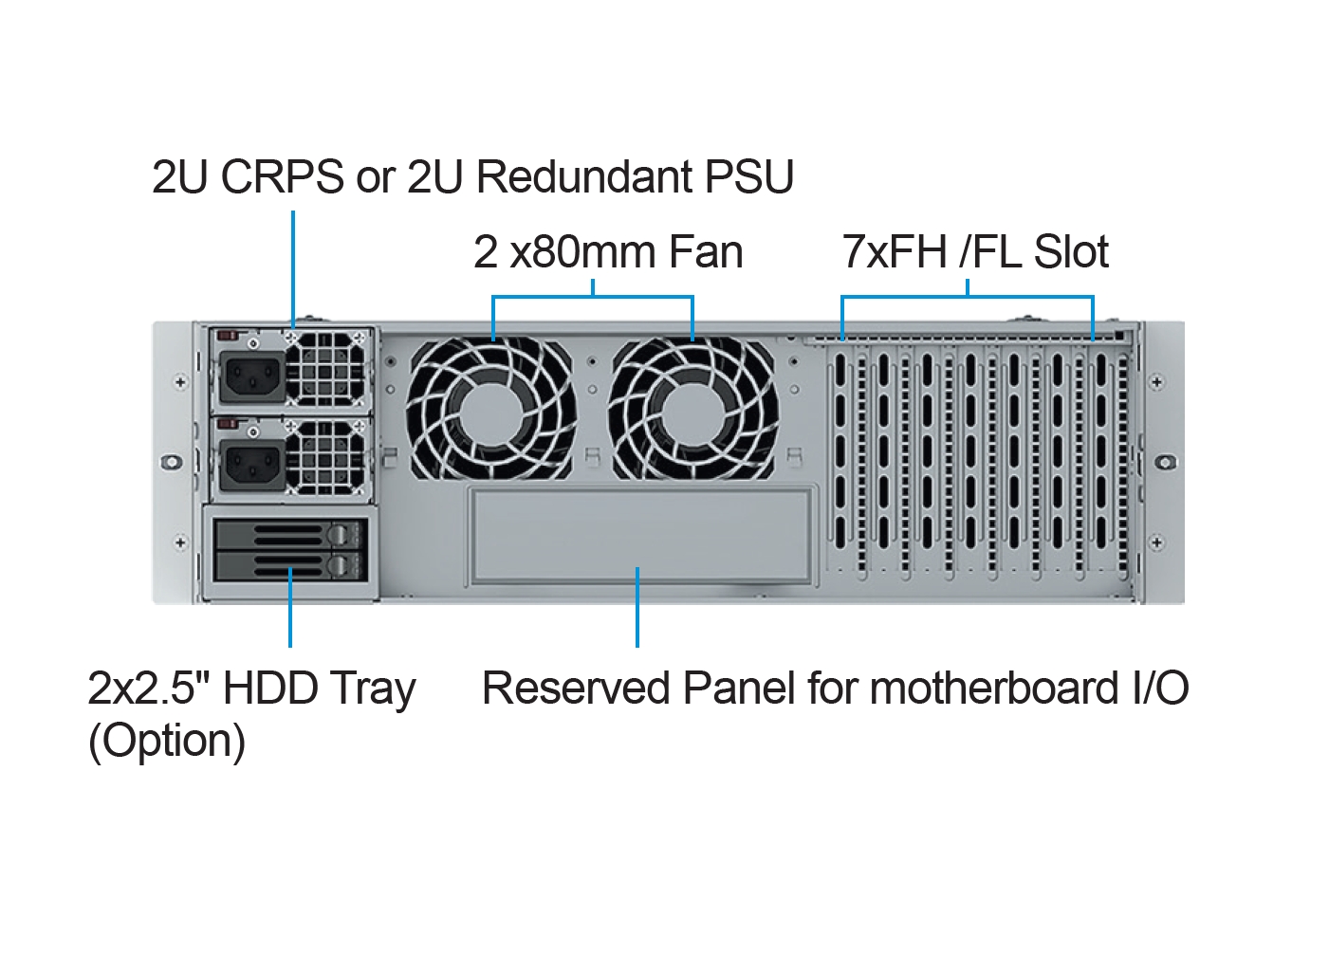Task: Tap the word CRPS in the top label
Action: click(282, 177)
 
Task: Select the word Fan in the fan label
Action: click(706, 252)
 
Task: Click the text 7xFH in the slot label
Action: click(895, 252)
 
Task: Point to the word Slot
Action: click(1071, 252)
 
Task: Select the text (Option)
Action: click(167, 741)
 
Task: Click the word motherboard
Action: click(993, 689)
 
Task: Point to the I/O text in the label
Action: click(1160, 689)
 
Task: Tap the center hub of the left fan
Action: click(491, 410)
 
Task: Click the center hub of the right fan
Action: click(693, 410)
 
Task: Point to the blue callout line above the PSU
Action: click(293, 266)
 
